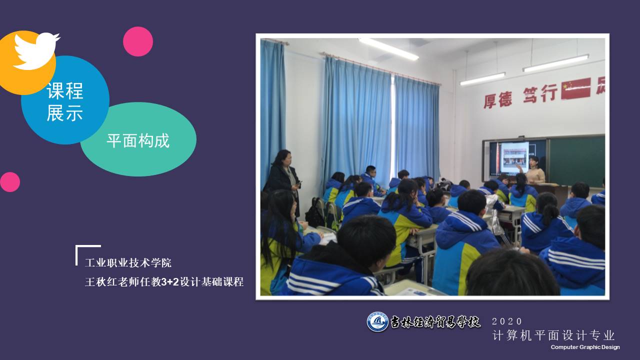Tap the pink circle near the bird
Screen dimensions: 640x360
coord(138,41)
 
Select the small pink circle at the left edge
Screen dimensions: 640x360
coord(9,182)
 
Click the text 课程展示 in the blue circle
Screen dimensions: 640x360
coord(65,102)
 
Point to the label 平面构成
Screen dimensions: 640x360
coord(138,140)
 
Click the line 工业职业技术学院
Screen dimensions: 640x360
coord(128,263)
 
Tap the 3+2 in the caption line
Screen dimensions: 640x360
coord(170,282)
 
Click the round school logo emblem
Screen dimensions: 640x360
coord(377,321)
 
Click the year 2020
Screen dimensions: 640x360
coord(507,321)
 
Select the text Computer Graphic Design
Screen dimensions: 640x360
coord(585,347)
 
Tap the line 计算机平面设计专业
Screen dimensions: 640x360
coord(553,335)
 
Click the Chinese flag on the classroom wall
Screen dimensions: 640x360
coord(575,88)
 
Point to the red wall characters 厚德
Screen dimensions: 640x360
coord(497,99)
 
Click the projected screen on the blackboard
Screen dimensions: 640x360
coord(514,157)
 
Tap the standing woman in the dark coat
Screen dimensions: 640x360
coord(283,180)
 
